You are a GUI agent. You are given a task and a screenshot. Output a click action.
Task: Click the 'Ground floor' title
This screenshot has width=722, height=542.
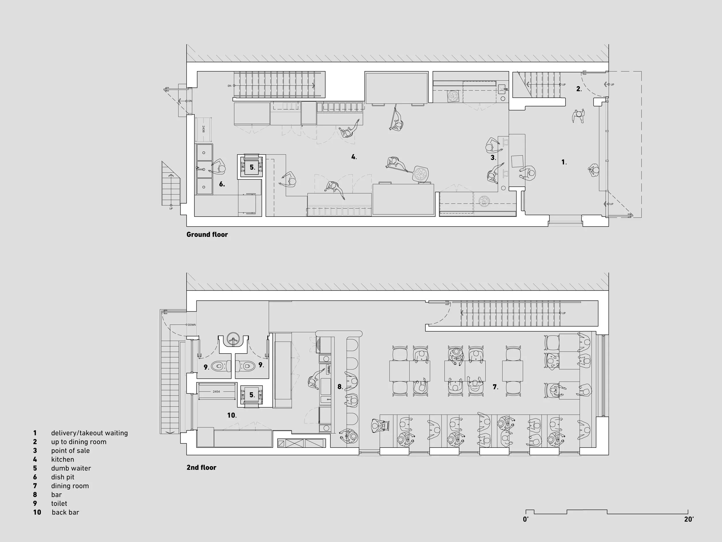tap(207, 234)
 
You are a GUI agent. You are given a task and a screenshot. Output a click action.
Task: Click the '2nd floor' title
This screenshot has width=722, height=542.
tap(201, 467)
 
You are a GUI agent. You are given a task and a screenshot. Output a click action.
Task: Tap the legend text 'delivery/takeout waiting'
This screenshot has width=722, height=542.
tap(90, 433)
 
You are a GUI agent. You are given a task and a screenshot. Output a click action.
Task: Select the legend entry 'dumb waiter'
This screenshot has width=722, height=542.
tap(71, 468)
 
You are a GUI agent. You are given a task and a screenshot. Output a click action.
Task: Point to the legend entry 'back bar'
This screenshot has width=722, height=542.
tap(65, 512)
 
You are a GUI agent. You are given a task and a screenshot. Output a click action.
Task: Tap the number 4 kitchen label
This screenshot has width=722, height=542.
tap(354, 157)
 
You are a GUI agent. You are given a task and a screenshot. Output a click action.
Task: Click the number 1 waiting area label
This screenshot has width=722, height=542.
tap(564, 162)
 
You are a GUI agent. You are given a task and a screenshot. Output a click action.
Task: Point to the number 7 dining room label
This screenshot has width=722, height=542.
tap(495, 387)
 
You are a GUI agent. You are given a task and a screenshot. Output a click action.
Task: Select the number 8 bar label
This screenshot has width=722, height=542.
tap(340, 387)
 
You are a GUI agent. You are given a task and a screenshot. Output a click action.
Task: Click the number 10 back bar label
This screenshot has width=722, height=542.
tap(232, 415)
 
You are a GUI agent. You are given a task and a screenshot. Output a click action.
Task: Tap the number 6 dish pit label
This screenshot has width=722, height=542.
tap(222, 184)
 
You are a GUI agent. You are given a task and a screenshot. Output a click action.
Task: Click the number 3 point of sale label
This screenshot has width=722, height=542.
tap(493, 158)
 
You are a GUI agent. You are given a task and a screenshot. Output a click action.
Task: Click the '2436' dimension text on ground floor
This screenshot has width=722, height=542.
tap(203, 129)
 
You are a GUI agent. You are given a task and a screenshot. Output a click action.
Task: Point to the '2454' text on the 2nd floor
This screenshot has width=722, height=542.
tap(216, 391)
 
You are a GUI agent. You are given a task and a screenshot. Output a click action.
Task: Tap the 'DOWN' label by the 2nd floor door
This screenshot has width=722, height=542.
tap(192, 325)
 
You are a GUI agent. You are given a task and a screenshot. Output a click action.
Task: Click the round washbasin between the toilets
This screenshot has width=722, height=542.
tap(233, 339)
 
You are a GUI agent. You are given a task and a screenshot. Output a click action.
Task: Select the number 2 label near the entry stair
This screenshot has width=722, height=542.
tap(579, 89)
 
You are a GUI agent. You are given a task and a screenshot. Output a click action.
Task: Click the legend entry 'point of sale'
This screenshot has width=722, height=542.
tap(70, 451)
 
